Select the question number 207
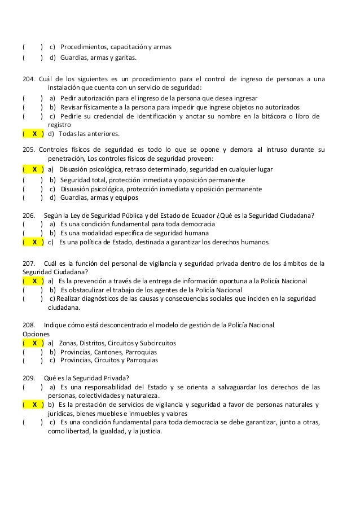[x=28, y=262]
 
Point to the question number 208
[x=28, y=325]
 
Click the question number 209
[x=28, y=378]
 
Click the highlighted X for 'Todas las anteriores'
[x=34, y=134]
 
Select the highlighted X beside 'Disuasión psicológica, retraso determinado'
[x=34, y=169]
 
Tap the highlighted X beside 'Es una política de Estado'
[x=34, y=243]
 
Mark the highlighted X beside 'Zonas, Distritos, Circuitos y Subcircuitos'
[x=34, y=343]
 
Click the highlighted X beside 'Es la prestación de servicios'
[x=34, y=405]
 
